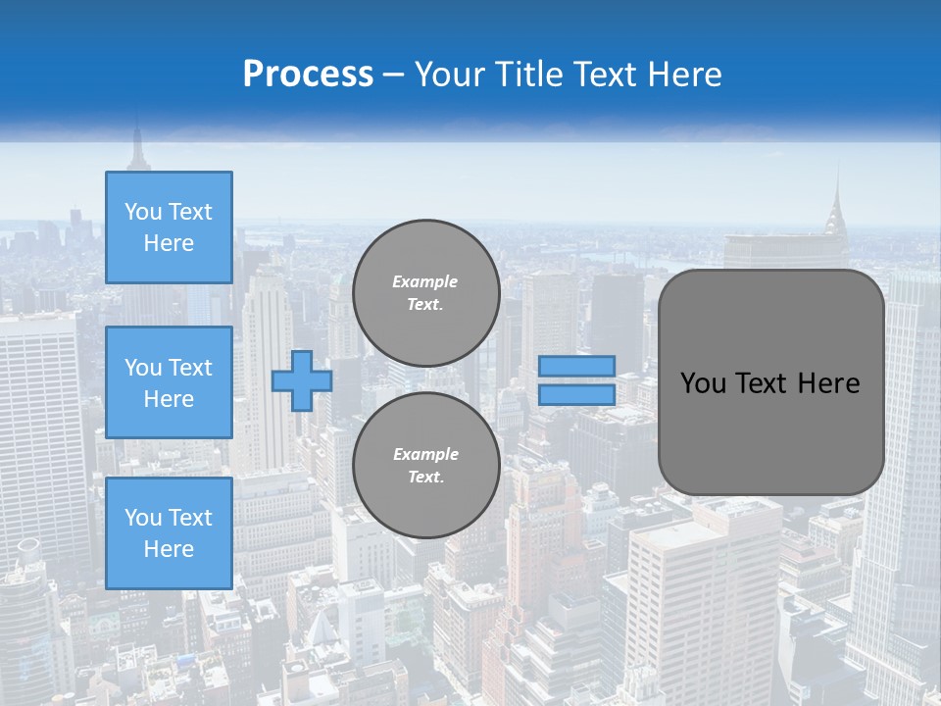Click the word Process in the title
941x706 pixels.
(x=308, y=75)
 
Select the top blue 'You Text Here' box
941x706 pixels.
(x=169, y=227)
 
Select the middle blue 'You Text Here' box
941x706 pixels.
(x=169, y=382)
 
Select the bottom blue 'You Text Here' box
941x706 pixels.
(x=169, y=533)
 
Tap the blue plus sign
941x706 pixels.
(x=301, y=380)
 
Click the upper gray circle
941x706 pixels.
(x=425, y=293)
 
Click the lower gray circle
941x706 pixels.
(x=425, y=466)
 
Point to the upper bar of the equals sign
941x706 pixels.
(x=576, y=367)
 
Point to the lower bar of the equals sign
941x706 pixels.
(x=576, y=394)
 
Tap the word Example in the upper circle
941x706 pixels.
(x=425, y=281)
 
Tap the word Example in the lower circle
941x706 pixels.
(x=425, y=454)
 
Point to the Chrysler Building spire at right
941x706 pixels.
(x=838, y=191)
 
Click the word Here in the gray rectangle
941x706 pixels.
(x=829, y=383)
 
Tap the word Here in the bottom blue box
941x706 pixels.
(x=169, y=549)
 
